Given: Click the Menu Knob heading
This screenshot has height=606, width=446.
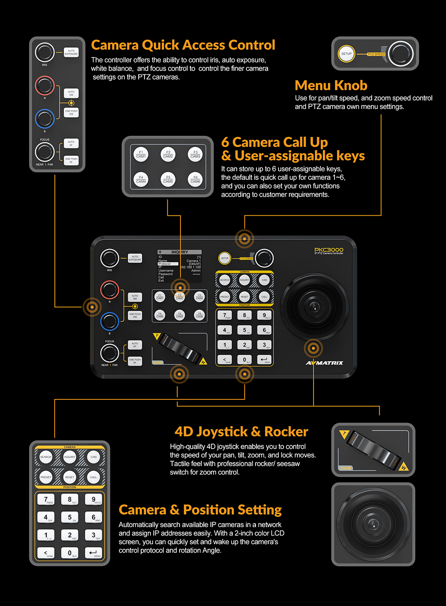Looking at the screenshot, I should [331, 86].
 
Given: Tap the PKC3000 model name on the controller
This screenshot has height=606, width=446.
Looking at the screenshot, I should [329, 250].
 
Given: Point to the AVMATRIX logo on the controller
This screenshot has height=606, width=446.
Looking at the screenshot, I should [324, 363].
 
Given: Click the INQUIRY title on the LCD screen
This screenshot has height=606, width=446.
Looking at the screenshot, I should [180, 252].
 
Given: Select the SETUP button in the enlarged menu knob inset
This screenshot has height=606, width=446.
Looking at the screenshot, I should [346, 54].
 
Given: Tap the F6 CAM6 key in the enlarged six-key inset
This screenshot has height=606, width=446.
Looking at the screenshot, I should [195, 179].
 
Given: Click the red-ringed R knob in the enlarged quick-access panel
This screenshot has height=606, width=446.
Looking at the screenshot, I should [45, 86].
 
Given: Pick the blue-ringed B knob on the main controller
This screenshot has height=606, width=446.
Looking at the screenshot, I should [109, 321].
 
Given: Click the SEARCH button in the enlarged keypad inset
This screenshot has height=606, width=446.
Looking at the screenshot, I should [46, 457].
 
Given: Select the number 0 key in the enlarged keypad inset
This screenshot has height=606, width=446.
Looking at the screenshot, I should [70, 553].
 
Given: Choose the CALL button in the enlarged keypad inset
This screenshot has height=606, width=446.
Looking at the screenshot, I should [94, 477].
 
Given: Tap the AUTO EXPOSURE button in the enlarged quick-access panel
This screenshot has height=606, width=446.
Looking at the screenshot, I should [71, 52].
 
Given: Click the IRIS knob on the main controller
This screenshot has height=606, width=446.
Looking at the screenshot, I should [109, 258].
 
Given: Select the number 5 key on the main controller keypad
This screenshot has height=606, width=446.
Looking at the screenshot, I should [244, 330].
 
